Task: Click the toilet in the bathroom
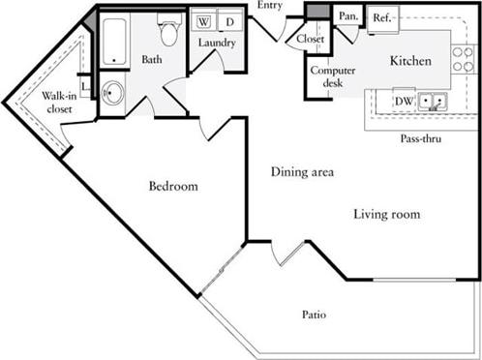point(169,32)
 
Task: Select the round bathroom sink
point(113,94)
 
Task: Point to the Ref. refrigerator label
point(381,16)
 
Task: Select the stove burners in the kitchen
point(462,58)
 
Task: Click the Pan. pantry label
point(346,15)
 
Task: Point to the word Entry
point(270,7)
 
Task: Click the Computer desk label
point(327,76)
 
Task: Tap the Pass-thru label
point(423,138)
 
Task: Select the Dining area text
point(302,172)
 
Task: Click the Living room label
point(386,214)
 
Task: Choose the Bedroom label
point(173,186)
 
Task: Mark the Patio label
point(313,315)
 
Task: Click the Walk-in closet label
point(59,103)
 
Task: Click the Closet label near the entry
point(311,39)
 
